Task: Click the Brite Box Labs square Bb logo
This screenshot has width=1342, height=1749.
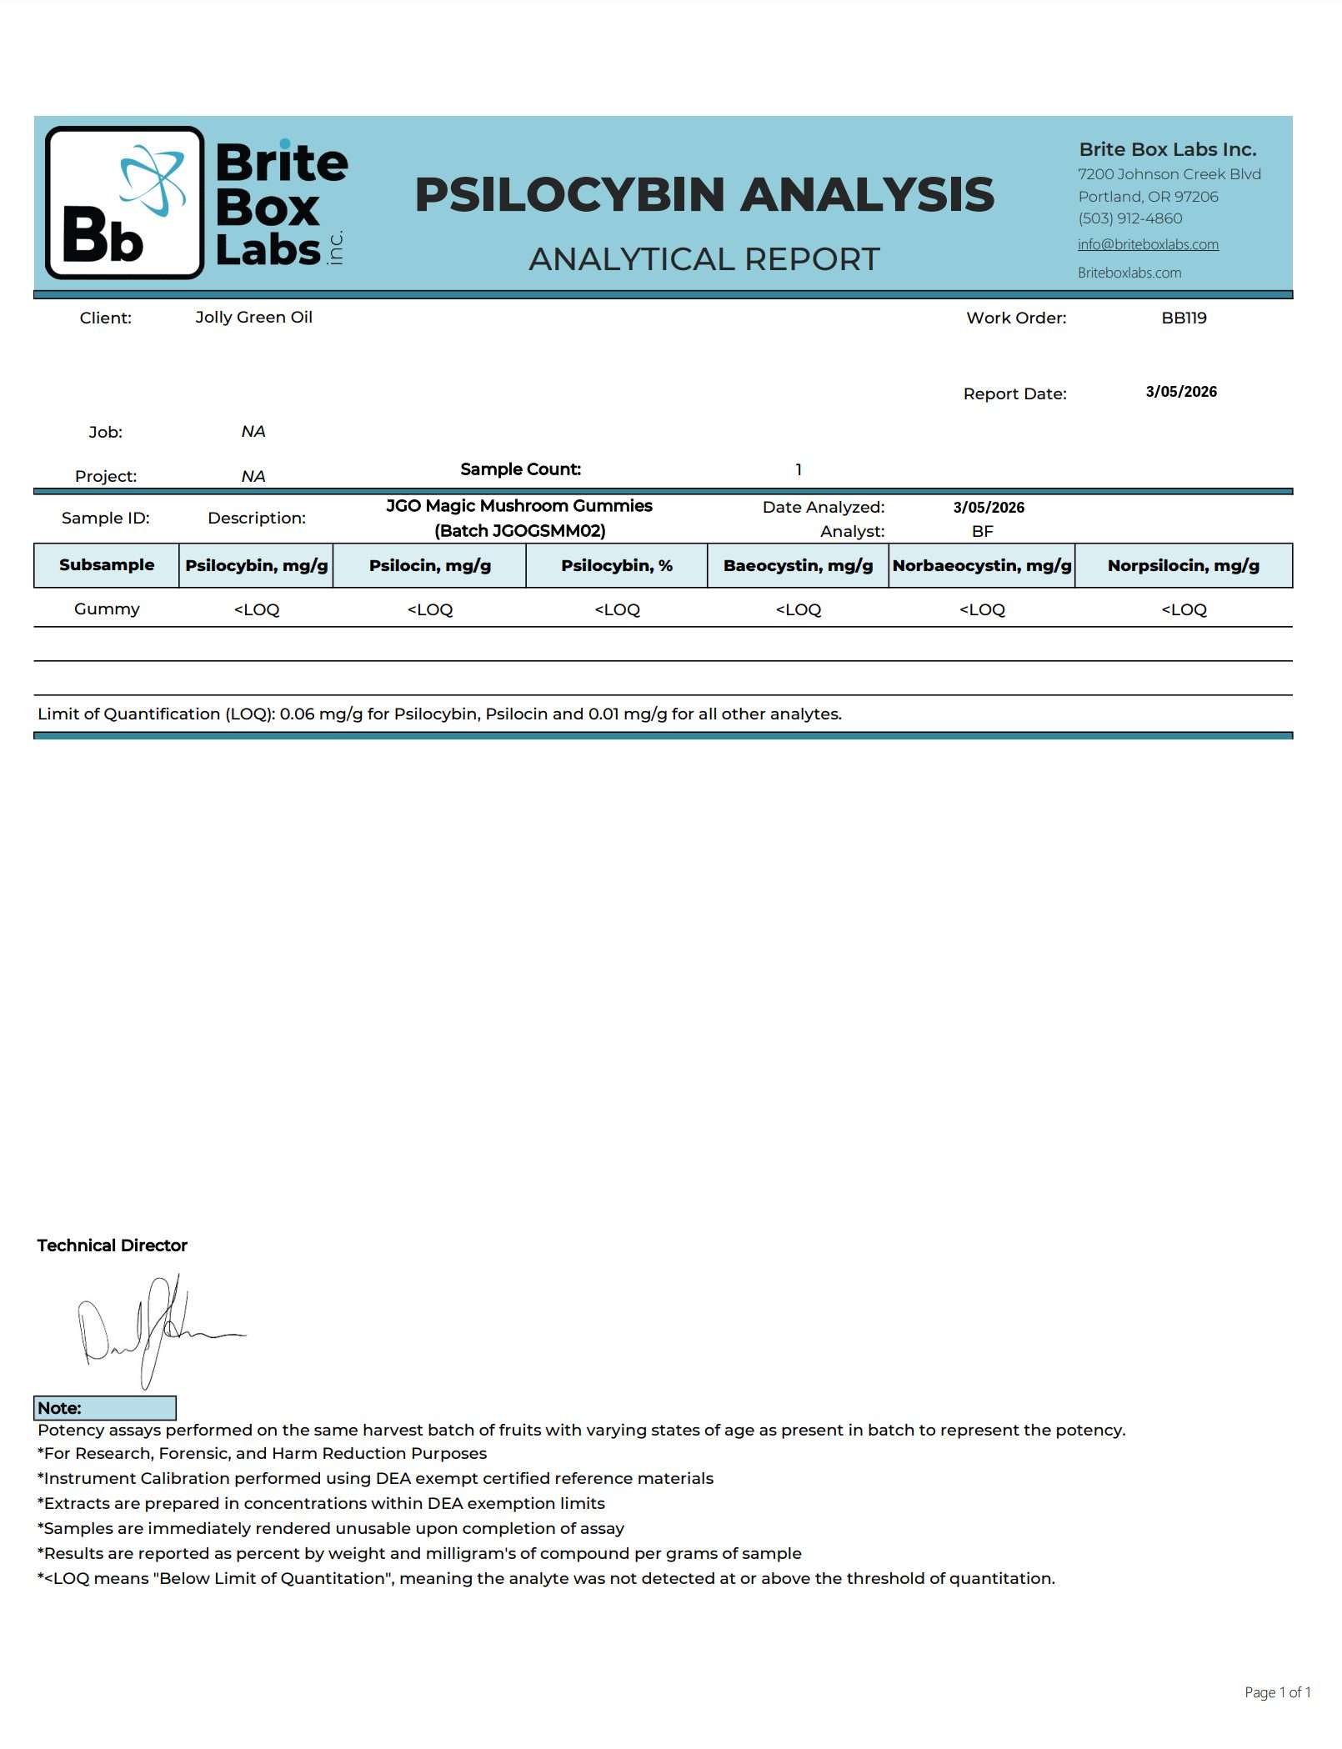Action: (x=125, y=203)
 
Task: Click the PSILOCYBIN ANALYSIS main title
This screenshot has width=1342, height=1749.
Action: (x=704, y=194)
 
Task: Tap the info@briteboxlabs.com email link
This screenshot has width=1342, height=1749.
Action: (x=1148, y=244)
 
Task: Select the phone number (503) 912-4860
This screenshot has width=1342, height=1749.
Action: (x=1129, y=218)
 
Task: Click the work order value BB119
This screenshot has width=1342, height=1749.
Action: (x=1184, y=318)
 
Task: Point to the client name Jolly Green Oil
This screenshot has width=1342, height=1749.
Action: (x=253, y=317)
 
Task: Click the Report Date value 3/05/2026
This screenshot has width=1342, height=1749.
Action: (x=1181, y=392)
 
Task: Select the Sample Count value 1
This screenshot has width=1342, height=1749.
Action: (x=799, y=469)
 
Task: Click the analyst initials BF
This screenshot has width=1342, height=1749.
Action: (x=983, y=531)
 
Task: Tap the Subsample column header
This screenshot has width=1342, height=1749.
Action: (x=107, y=565)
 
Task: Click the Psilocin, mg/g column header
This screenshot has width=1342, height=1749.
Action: (x=430, y=565)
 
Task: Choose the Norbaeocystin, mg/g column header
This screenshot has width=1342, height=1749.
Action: (x=982, y=565)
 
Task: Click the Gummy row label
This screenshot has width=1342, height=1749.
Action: (x=107, y=609)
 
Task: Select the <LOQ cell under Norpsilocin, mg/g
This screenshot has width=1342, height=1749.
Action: (x=1184, y=609)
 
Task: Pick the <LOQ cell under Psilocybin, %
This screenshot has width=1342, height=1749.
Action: (x=617, y=609)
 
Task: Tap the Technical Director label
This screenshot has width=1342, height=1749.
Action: (x=113, y=1245)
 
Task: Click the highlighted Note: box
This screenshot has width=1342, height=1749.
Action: (x=105, y=1408)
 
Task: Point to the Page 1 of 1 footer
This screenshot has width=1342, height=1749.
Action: (x=1277, y=1691)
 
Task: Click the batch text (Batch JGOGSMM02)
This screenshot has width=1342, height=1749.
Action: (x=520, y=531)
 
